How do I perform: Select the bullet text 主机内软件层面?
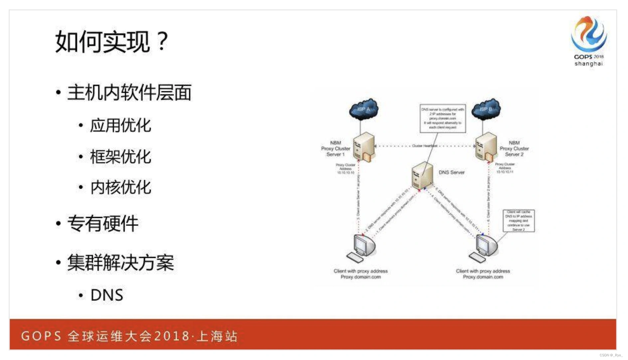coord(129,92)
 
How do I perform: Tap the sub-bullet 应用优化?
coord(120,126)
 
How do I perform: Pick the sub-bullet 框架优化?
coord(120,157)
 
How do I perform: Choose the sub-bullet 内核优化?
coord(120,187)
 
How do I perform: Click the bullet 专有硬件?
coord(102,223)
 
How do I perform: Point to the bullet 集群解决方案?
coord(120,263)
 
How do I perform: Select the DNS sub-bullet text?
coord(106,295)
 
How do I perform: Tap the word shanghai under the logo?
coord(588,64)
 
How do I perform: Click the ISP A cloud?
coord(364,109)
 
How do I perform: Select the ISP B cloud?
coord(486,109)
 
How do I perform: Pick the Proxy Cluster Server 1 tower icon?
coord(364,147)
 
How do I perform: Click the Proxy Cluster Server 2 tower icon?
coord(486,147)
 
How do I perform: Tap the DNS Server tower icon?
coord(422,175)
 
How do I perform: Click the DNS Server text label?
coord(451,172)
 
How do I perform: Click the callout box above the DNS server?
coord(442,118)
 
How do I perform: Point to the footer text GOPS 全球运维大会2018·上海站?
coord(129,336)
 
